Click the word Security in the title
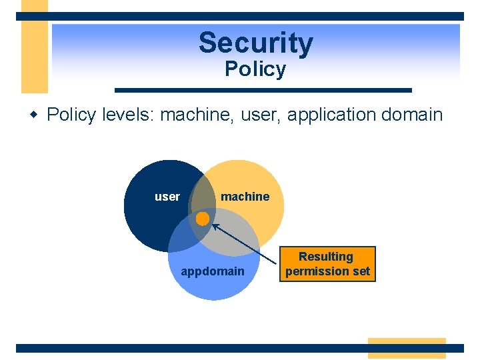click(255, 43)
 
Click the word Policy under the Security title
click(255, 69)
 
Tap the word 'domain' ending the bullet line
click(413, 115)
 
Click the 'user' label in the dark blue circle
click(167, 197)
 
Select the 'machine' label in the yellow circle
click(245, 197)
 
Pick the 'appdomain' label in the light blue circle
click(213, 271)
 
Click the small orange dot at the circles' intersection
click(203, 218)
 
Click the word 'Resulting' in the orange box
click(326, 257)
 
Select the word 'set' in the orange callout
click(361, 271)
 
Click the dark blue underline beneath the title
click(263, 90)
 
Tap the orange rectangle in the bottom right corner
click(407, 347)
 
